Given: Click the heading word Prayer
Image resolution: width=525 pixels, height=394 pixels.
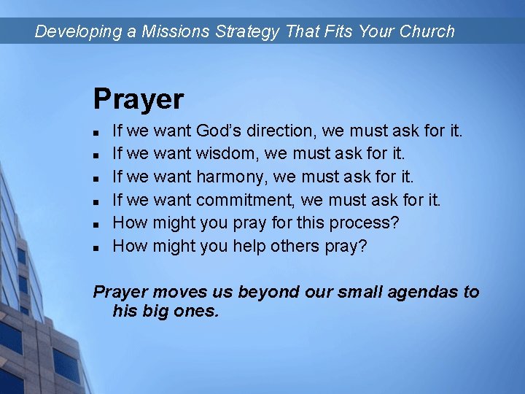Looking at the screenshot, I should [x=139, y=99].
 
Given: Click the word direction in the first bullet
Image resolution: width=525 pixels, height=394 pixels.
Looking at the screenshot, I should [x=281, y=131].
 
